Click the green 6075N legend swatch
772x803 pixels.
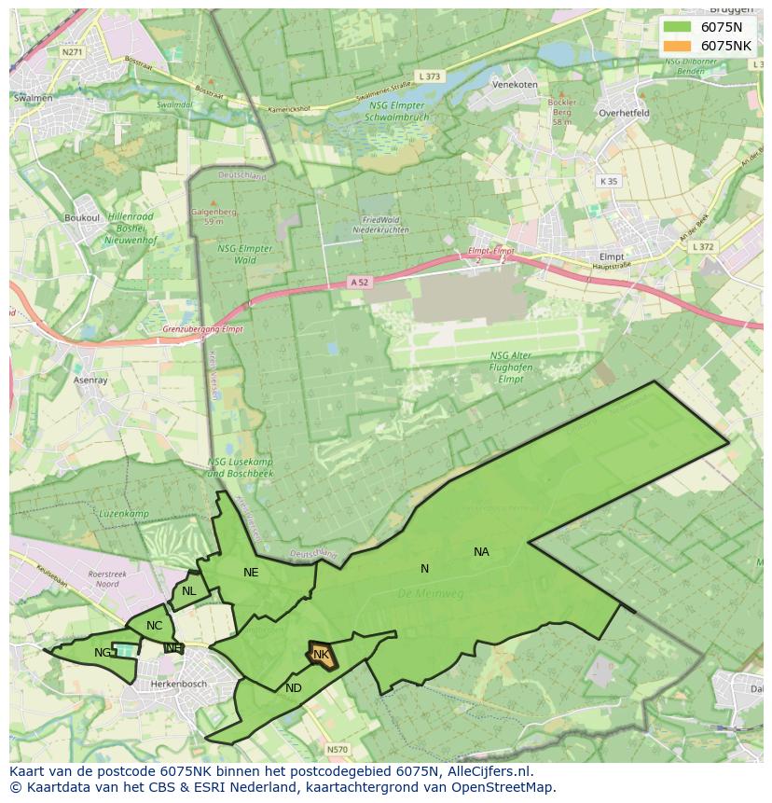click(677, 26)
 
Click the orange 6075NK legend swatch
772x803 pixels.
click(677, 46)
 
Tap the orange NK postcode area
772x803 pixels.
click(321, 655)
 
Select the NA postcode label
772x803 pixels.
click(481, 552)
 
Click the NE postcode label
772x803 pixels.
click(251, 573)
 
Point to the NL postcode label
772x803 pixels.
click(189, 591)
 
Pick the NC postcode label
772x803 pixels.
click(155, 626)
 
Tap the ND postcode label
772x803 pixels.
click(294, 688)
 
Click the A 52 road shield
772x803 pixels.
click(360, 282)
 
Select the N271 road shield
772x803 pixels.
click(73, 52)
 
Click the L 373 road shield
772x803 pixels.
click(430, 76)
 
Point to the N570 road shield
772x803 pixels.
click(337, 749)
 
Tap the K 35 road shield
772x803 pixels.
click(609, 181)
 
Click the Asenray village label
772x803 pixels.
click(91, 381)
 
